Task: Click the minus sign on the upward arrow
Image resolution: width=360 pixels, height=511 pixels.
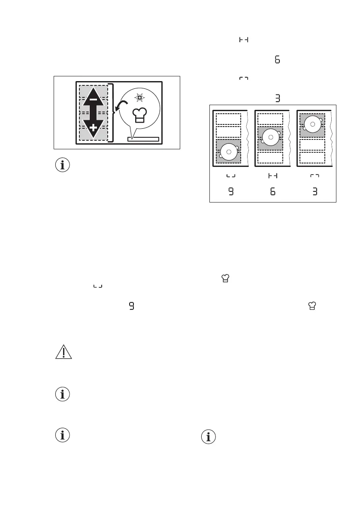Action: coord(93,100)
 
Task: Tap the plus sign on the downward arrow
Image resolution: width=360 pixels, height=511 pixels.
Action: coord(93,128)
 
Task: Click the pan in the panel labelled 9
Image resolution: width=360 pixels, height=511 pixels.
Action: coord(228,151)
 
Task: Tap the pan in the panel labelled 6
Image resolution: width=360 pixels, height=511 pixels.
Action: coord(270,138)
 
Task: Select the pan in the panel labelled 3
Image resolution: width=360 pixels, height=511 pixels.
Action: coord(312,124)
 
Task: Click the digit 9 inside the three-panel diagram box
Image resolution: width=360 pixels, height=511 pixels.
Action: coord(231,192)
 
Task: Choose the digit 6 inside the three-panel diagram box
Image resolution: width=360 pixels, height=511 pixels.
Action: coord(273,192)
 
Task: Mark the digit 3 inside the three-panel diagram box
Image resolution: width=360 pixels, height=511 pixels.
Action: coord(315,192)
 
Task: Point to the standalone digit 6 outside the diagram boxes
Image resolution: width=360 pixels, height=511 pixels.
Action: coord(277,60)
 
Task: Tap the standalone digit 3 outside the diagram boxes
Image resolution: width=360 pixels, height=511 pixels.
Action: coord(278,98)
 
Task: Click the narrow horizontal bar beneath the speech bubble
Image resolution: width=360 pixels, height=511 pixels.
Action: coord(143,139)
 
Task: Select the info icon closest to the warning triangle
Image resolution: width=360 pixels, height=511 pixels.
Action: coord(63,395)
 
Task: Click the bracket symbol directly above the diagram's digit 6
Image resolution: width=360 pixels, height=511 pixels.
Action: coord(273,176)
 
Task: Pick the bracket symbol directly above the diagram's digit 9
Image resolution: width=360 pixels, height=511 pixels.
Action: coord(231,176)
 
